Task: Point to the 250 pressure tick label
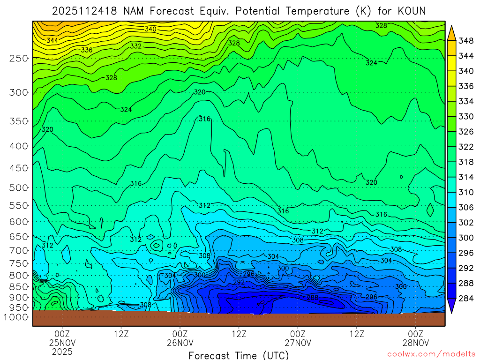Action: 18,59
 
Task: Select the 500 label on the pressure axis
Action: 18,188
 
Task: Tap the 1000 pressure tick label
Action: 16,317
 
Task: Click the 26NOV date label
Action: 180,343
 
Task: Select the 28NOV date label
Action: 416,343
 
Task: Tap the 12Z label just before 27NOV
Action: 239,334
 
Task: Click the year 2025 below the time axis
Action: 62,352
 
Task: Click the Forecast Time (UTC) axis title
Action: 239,355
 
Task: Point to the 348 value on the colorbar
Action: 466,41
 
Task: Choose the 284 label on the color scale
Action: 466,299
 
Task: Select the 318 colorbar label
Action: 466,162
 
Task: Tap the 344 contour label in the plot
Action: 52,41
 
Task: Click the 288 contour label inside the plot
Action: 312,298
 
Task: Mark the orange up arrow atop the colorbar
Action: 451,32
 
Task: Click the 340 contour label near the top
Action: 150,29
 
